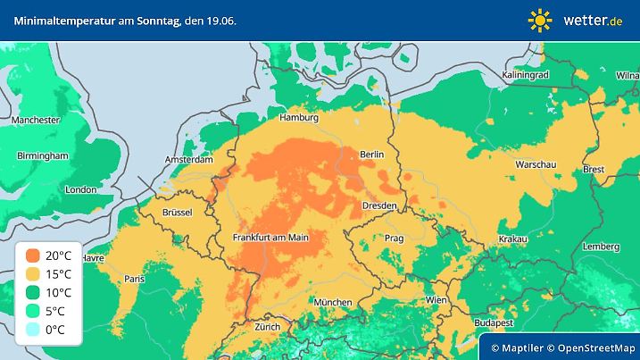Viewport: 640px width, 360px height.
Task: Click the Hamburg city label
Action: coord(299,118)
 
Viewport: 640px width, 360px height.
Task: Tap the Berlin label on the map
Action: coord(370,155)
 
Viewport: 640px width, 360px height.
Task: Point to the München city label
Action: coord(332,302)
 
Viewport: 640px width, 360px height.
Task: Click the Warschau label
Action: coord(536,165)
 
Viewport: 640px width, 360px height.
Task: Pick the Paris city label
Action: coord(135,279)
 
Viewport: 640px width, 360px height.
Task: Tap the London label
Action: coord(80,189)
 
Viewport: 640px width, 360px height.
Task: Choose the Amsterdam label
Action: coord(189,160)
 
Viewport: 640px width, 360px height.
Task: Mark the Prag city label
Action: coord(394,239)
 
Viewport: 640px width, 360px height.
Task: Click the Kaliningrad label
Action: coord(525,75)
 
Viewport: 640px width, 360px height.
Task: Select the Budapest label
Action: coord(492,322)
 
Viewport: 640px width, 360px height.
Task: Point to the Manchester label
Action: coord(36,120)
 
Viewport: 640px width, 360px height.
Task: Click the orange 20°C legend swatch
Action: coord(33,255)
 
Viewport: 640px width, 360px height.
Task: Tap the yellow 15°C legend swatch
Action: coord(33,273)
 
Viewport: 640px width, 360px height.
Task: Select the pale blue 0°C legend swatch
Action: coord(33,329)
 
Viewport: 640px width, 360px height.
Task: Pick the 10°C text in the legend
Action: coord(58,292)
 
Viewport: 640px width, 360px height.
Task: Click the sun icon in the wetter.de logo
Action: coord(540,20)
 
